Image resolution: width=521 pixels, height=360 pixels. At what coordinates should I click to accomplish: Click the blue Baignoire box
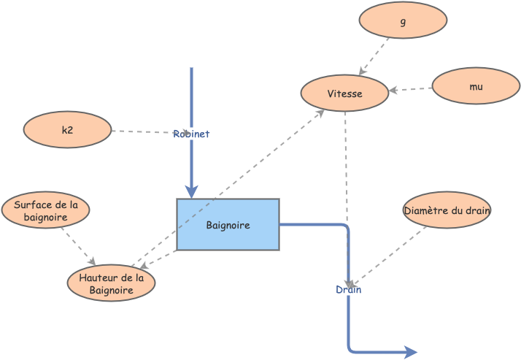[228, 225]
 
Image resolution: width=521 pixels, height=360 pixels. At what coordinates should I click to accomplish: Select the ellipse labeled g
[403, 20]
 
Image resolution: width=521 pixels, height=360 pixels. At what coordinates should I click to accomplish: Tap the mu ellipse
[476, 86]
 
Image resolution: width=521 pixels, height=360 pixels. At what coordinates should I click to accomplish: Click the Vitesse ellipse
[344, 93]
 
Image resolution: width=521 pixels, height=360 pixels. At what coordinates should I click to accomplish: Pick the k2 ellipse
[67, 130]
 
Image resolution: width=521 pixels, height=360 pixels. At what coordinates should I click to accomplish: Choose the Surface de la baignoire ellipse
[45, 211]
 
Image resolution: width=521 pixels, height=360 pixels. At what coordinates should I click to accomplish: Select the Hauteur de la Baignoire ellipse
[111, 283]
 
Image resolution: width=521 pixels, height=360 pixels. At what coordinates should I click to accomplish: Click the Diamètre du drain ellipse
[447, 210]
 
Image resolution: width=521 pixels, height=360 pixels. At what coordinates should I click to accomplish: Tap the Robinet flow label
[191, 134]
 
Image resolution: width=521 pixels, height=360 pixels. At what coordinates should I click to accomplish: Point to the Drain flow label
[348, 290]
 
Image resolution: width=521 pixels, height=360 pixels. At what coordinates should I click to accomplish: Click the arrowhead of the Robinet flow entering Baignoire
[191, 192]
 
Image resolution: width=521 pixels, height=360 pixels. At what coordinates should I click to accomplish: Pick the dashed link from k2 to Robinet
[142, 132]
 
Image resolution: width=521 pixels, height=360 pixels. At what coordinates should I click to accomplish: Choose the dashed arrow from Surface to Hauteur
[78, 246]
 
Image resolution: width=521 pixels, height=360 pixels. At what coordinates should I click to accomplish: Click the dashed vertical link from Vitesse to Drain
[346, 183]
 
